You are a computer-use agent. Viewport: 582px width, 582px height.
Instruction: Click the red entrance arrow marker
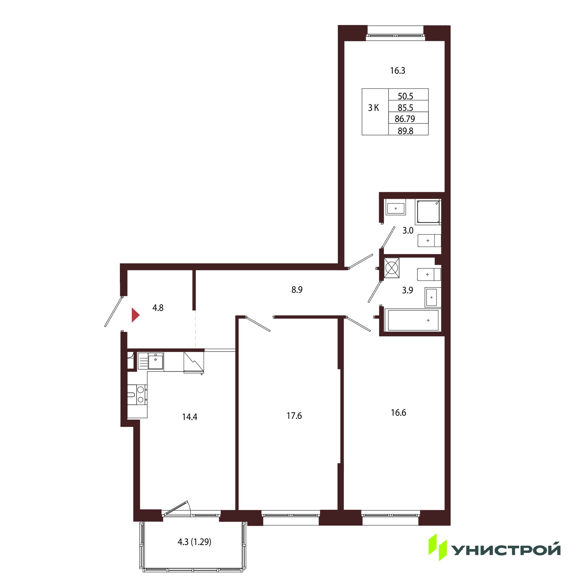click(135, 315)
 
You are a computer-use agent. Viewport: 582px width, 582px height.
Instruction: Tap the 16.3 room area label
click(398, 70)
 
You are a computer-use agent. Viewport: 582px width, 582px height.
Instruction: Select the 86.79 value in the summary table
click(405, 119)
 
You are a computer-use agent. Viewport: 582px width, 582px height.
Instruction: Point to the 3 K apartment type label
click(374, 108)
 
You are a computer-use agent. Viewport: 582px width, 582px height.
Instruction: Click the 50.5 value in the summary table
click(405, 96)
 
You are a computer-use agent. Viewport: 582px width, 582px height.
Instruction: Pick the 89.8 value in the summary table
click(405, 131)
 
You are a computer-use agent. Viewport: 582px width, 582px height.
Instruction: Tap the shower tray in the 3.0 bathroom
click(428, 212)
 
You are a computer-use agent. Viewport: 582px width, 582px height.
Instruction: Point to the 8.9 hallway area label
click(297, 290)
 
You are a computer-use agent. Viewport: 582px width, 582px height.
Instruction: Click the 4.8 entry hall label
click(158, 308)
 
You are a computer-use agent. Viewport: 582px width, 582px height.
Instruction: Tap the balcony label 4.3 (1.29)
click(194, 542)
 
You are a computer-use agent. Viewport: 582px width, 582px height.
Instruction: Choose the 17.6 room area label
click(294, 416)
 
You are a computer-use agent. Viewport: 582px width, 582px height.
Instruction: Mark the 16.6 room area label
click(398, 412)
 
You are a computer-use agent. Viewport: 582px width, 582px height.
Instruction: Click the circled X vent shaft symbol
click(392, 267)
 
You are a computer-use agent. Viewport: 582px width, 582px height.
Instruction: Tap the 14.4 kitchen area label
click(189, 417)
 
